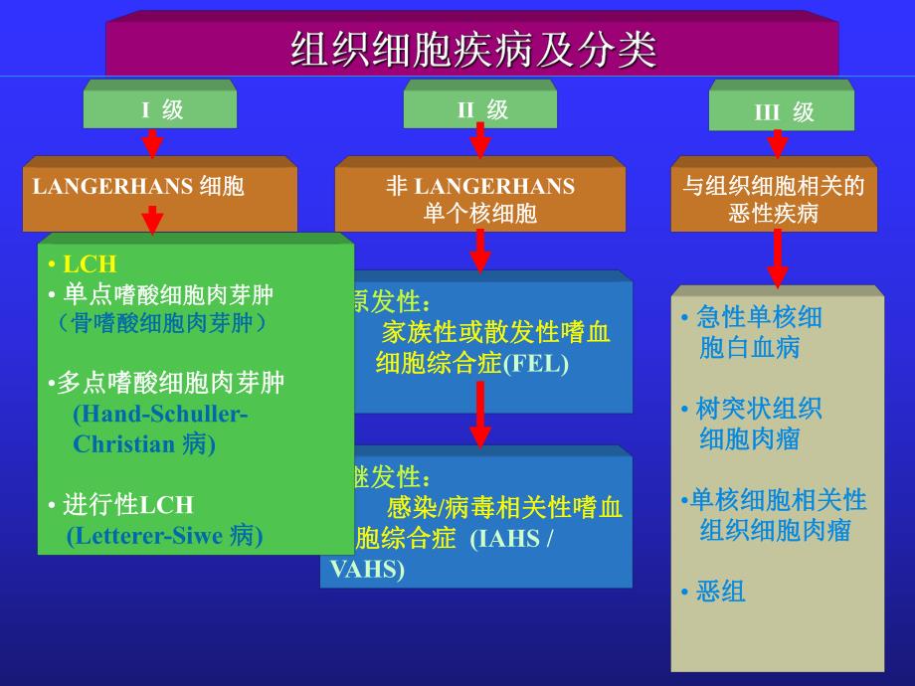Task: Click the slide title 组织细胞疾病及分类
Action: [472, 49]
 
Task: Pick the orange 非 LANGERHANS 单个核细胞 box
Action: [480, 199]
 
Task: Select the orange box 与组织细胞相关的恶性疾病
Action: [774, 199]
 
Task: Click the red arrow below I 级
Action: [152, 143]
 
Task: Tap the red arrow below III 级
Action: [778, 143]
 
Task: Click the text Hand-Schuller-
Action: [160, 414]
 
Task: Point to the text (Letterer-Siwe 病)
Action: [165, 537]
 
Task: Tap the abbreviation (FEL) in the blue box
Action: [536, 364]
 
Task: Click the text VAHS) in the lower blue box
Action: [366, 570]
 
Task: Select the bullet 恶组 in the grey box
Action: [720, 593]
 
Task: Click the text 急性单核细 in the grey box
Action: [759, 318]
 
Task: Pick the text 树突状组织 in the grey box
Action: [759, 409]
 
